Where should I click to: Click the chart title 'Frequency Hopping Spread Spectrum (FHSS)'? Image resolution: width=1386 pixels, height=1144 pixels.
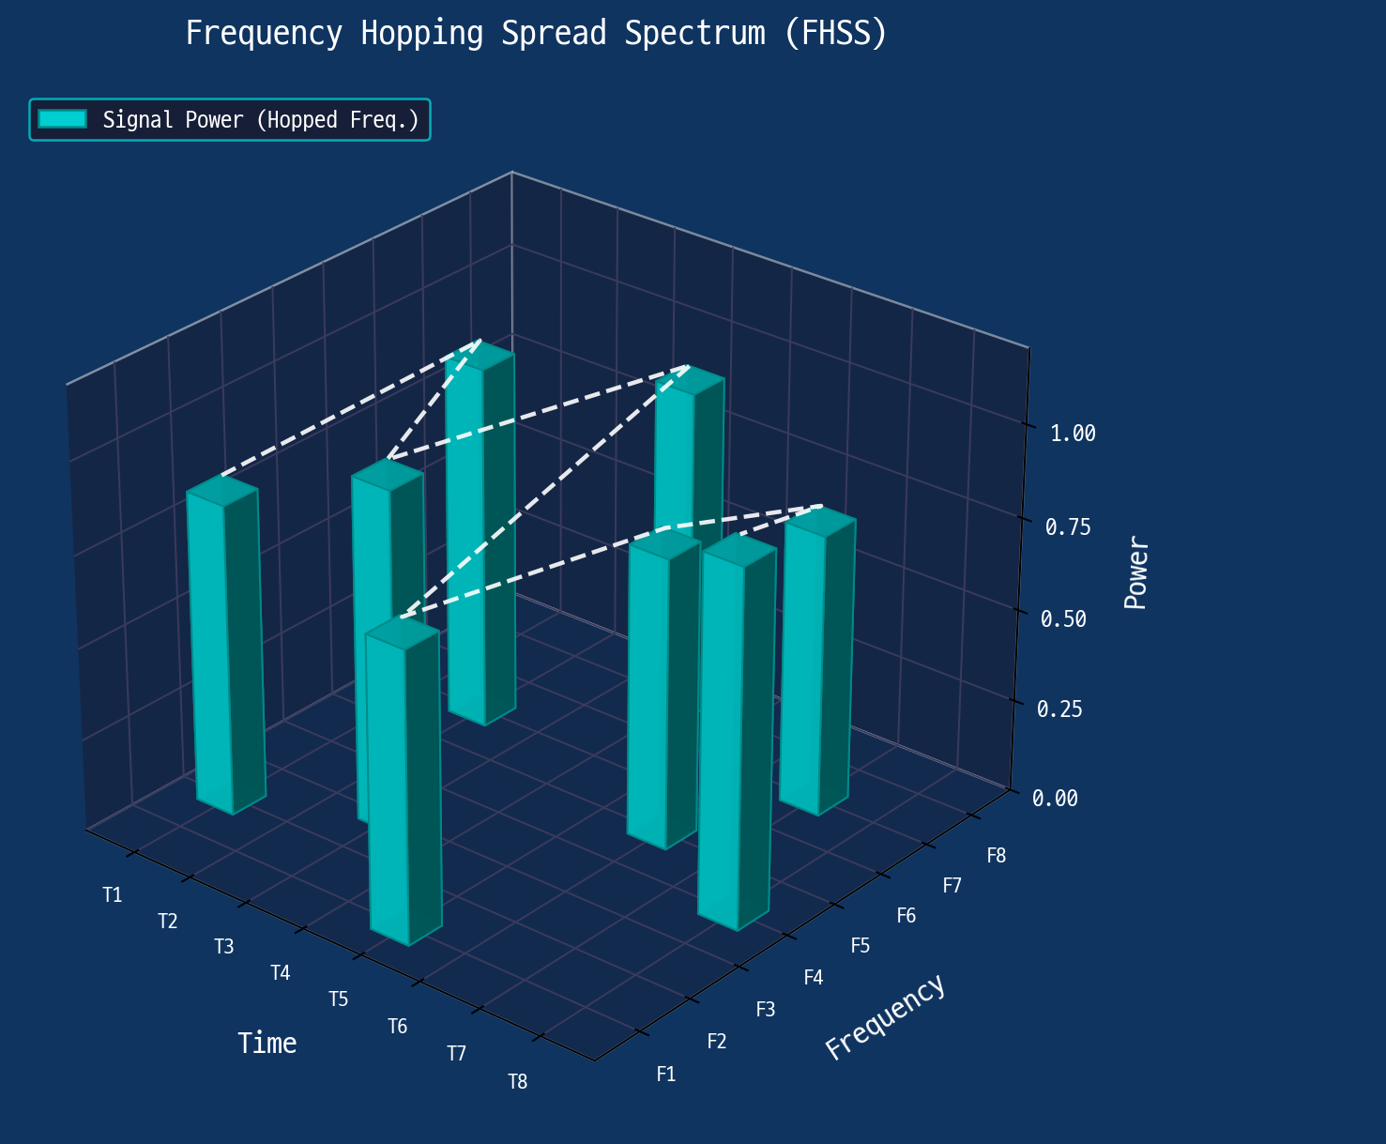pos(536,33)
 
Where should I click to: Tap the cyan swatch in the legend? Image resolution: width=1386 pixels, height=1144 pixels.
pos(62,119)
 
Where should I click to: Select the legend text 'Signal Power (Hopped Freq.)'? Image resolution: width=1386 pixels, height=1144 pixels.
pos(261,119)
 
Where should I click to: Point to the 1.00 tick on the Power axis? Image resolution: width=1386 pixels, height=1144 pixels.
pos(1073,434)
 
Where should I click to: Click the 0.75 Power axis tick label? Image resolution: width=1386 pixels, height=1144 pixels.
pos(1068,527)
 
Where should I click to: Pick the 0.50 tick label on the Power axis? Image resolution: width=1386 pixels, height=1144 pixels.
pos(1063,618)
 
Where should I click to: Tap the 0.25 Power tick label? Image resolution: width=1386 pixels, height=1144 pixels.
pos(1059,709)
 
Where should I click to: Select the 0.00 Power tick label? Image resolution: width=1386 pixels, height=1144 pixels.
pos(1055,798)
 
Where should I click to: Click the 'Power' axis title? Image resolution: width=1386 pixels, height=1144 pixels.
pos(1135,572)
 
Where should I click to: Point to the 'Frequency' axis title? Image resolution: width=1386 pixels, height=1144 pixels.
pos(885,1016)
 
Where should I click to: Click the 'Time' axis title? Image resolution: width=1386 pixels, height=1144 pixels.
pos(267,1043)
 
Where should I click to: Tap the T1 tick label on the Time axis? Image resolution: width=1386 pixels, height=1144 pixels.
pos(113,895)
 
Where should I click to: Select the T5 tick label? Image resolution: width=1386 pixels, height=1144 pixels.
pos(339,999)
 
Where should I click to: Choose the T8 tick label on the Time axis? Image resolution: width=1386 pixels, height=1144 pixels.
pos(518,1082)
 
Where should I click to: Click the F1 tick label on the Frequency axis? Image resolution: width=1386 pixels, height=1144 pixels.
pos(666,1075)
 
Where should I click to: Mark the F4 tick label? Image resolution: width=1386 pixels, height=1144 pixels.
pos(814,977)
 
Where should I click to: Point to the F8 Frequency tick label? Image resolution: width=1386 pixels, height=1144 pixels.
pos(997,856)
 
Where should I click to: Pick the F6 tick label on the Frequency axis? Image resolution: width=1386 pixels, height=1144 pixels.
pos(906,916)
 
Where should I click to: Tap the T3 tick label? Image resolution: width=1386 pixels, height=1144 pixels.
pos(223,946)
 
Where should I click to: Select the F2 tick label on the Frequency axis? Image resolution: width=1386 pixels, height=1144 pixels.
pos(717,1041)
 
